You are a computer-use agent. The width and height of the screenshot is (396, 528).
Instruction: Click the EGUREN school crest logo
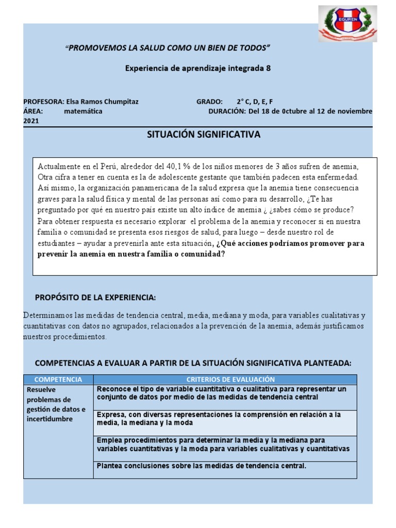point(348,24)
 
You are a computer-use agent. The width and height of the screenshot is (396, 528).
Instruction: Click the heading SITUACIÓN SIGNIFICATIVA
point(204,135)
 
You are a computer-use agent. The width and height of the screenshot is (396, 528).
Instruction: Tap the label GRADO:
point(209,102)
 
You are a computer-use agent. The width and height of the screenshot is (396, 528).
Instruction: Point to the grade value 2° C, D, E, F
point(255,102)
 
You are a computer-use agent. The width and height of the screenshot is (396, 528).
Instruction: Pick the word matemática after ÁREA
point(83,111)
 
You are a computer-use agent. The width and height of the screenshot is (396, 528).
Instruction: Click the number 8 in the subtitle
point(268,68)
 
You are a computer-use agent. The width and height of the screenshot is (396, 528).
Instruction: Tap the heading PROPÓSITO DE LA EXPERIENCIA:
point(95,298)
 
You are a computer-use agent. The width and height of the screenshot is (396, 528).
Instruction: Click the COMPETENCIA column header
point(58,379)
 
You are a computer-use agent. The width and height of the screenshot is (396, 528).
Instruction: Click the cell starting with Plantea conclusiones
point(201,466)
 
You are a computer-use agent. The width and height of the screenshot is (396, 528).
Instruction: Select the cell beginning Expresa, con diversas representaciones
point(219,419)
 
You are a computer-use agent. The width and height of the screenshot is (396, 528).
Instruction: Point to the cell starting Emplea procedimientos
point(223,444)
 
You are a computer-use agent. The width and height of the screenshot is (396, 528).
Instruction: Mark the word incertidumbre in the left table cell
point(49,419)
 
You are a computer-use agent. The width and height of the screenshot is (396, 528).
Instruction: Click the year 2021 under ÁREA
point(31,121)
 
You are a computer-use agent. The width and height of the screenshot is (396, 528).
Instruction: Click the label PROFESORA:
point(44,102)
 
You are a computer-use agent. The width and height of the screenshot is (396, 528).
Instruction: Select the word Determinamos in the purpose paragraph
point(47,316)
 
